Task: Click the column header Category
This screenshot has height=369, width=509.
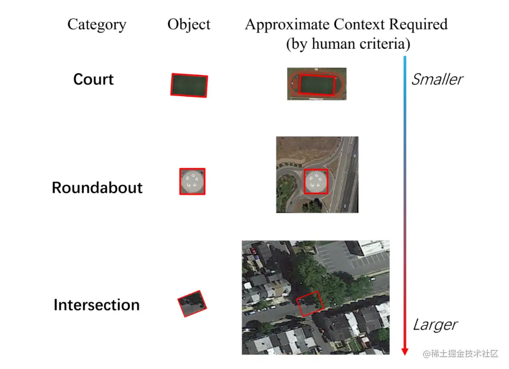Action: point(97,25)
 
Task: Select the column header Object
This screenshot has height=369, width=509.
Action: point(189,25)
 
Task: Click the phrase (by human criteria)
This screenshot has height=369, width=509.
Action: point(348,44)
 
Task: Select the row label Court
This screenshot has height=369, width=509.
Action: point(93,79)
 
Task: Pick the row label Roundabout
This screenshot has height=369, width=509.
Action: point(97,188)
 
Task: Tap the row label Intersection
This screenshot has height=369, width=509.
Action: point(97,305)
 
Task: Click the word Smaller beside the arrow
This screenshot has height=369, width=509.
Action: point(437,79)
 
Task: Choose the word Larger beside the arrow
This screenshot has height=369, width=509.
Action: point(435,325)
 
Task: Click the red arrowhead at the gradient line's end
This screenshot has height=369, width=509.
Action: point(404,351)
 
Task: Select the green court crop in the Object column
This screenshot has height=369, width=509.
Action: point(189,85)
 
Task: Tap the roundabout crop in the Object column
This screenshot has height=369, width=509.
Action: point(192,181)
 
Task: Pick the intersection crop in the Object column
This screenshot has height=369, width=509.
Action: point(192,303)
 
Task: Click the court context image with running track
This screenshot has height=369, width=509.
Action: point(317,83)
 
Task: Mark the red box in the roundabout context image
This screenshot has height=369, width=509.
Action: point(316,181)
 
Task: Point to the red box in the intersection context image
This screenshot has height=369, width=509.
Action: point(310,303)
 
